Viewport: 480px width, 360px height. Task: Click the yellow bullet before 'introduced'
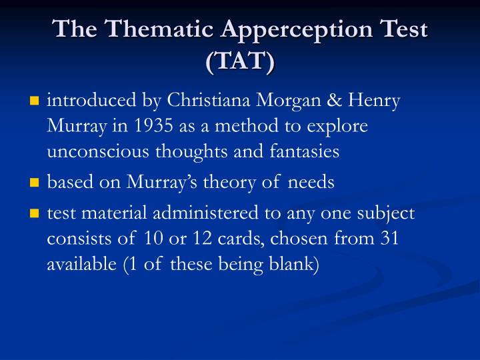35,102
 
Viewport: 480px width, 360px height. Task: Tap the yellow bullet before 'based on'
35,183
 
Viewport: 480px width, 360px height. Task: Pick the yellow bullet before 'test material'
35,214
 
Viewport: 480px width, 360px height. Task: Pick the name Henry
375,101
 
